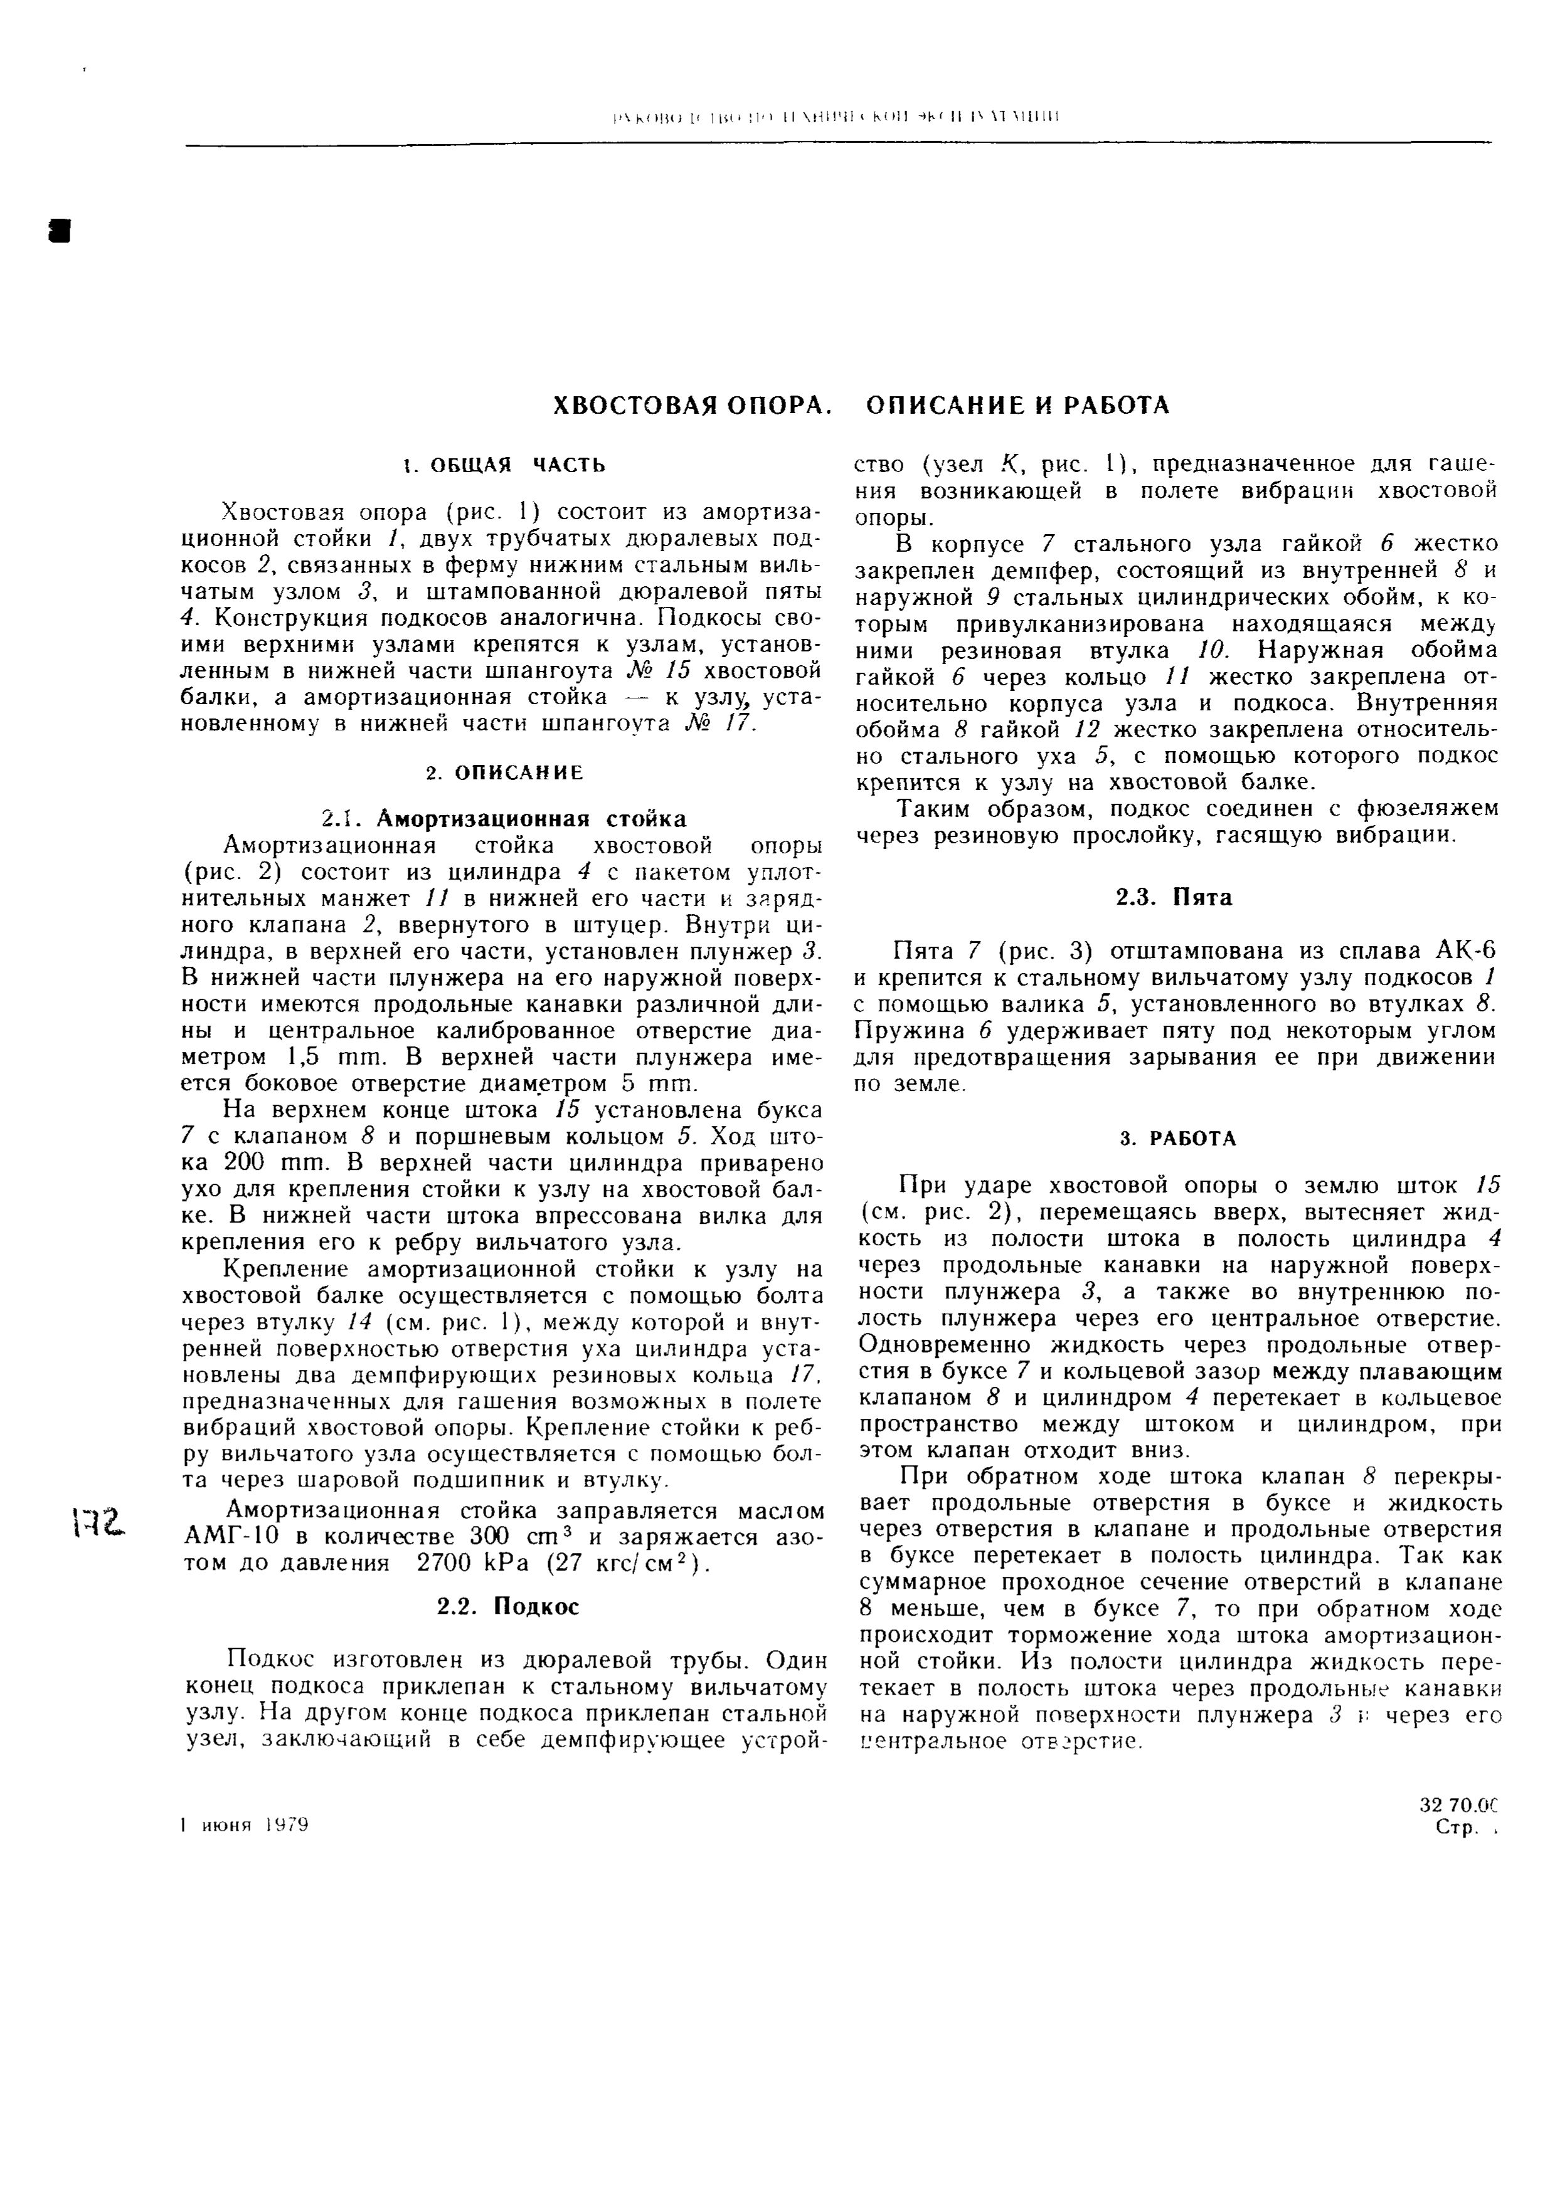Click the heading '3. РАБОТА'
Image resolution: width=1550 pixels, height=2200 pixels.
point(1178,1139)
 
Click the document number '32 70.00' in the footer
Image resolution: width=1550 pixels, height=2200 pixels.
point(1457,1805)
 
